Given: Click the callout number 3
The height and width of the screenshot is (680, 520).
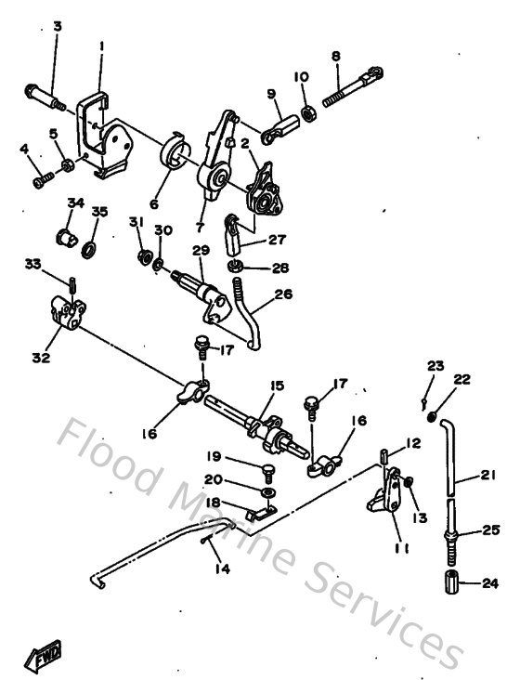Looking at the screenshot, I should pos(57,26).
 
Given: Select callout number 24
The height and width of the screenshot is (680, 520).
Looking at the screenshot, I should pos(489,583).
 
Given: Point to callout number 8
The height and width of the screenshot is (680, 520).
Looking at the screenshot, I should pos(336,55).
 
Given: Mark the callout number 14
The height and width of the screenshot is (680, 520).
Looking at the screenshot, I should pos(219,569).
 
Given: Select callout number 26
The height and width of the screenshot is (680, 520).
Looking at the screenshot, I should pos(283,295).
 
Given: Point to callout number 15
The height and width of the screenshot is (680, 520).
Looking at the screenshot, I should pos(276,385).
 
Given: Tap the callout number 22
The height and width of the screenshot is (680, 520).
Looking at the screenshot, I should pos(462,378).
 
